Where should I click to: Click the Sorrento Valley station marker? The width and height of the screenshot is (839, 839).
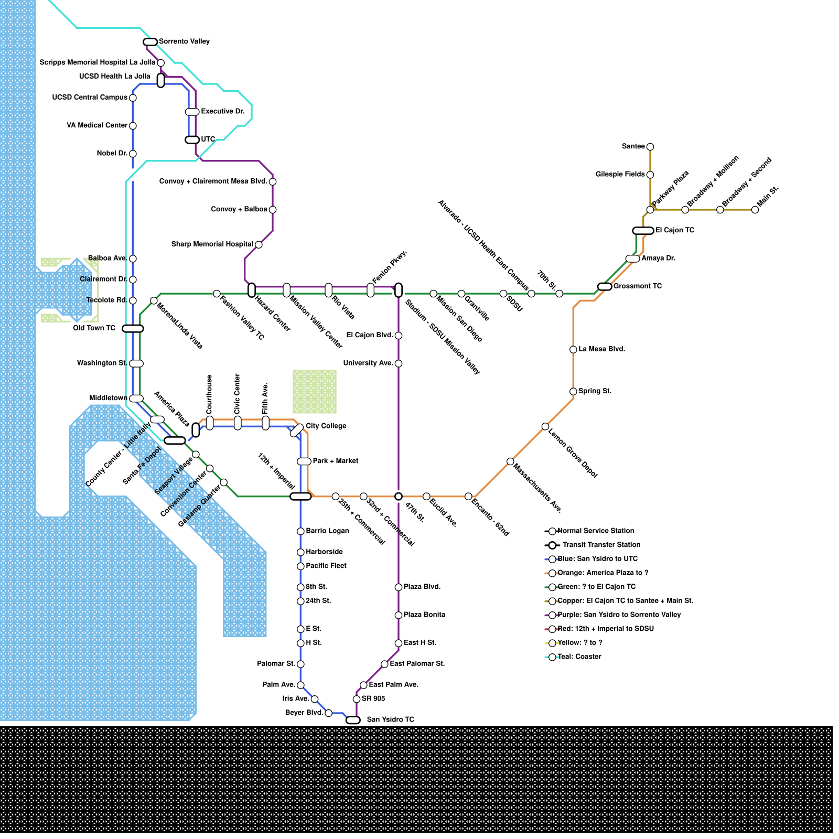(150, 42)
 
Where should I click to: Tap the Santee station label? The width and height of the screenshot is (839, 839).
(633, 146)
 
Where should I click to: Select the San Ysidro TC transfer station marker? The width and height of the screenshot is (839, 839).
(353, 720)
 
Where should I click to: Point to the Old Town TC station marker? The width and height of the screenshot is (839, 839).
(133, 329)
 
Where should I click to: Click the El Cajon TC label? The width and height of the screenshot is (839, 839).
(675, 230)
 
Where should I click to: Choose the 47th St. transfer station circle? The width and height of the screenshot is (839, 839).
(399, 497)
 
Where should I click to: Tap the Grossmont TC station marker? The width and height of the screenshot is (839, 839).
(605, 286)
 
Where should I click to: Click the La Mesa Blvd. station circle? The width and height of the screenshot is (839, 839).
(573, 349)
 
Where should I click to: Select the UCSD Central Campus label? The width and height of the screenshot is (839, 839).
(90, 98)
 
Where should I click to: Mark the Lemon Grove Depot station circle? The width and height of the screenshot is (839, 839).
(545, 426)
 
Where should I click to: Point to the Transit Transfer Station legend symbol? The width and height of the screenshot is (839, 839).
(552, 545)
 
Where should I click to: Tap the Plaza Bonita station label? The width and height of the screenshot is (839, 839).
(424, 615)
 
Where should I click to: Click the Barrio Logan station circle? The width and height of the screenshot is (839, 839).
(300, 531)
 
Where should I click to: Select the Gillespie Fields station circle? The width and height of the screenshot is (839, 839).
(650, 175)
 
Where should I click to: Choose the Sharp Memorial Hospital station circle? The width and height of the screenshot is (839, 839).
(259, 244)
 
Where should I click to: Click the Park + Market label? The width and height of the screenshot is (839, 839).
(335, 461)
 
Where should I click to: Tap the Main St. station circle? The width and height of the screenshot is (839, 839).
(755, 210)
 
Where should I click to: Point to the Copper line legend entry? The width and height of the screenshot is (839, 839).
(625, 601)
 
